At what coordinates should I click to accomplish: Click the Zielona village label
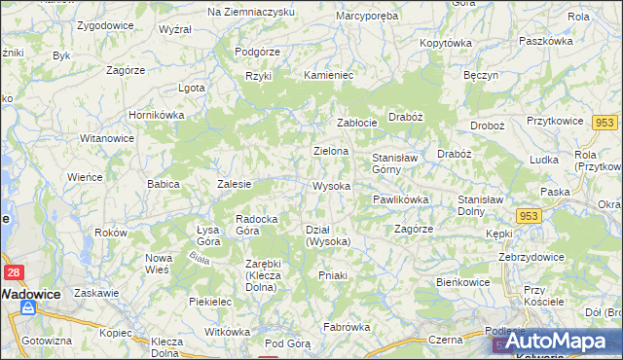point(331,151)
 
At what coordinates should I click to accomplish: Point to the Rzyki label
point(258,75)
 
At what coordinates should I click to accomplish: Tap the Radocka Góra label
point(259,225)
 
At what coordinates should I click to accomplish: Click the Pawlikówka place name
point(400,199)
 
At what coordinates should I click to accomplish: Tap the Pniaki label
point(333,275)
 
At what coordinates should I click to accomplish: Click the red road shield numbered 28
point(14,273)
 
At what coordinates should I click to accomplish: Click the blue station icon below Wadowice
point(28,308)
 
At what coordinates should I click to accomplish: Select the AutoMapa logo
point(564,342)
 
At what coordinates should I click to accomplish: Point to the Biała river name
point(201,260)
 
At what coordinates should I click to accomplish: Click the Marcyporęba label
point(367,17)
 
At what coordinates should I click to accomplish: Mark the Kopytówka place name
point(446,43)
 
